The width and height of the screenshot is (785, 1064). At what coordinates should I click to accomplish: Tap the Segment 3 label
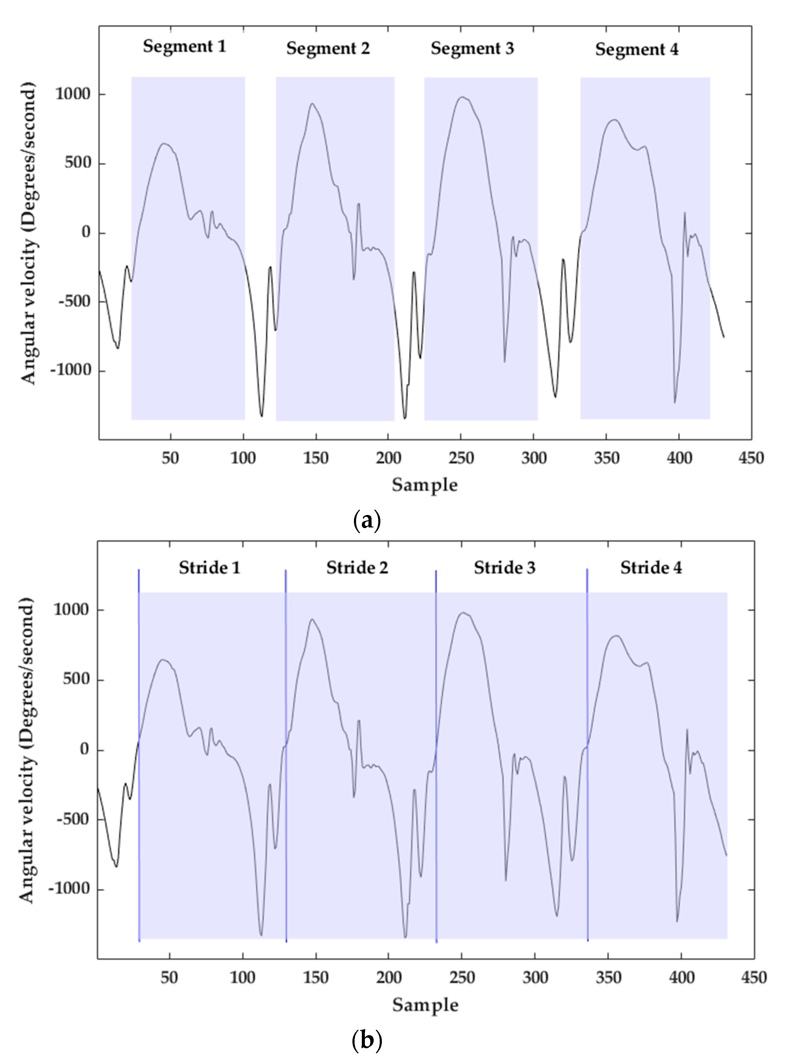coord(472,49)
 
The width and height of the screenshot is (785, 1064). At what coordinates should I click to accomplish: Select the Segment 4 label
coord(637,49)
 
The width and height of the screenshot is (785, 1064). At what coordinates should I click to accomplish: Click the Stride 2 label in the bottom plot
coord(357,568)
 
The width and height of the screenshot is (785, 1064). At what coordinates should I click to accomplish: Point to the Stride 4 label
coord(651,568)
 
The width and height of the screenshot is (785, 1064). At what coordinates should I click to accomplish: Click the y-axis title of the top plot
coord(29,233)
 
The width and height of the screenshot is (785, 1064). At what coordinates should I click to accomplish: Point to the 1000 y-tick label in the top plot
coord(73,94)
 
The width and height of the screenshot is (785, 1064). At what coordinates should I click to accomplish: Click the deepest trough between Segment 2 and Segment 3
coord(404,418)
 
